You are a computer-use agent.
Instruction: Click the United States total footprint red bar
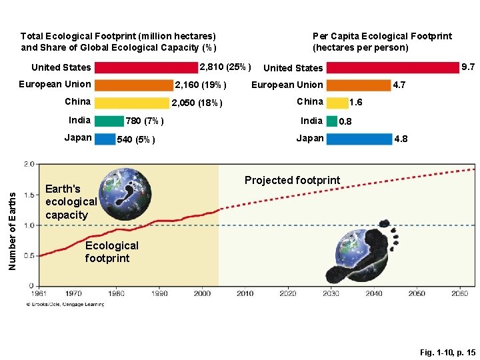tap(147, 67)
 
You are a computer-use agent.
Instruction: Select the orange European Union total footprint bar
tap(133, 85)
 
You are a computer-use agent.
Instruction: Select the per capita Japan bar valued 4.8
tap(359, 139)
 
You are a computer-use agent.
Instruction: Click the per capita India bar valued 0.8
tap(331, 121)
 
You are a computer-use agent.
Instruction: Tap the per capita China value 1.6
tap(356, 103)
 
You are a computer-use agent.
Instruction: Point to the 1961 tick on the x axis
tap(41, 293)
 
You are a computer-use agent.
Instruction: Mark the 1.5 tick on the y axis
tap(29, 195)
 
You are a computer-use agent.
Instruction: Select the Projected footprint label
tap(292, 180)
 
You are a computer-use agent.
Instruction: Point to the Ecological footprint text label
tap(111, 252)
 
